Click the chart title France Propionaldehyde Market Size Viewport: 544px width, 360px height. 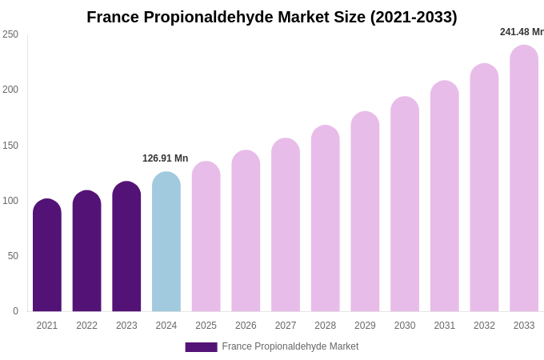coord(272,17)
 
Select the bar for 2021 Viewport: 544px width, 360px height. coord(47,256)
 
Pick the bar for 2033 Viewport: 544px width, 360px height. coord(524,179)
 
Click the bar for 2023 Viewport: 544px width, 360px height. coord(126,247)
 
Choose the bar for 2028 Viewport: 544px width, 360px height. coord(326,219)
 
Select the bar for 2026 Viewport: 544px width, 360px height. coord(246,231)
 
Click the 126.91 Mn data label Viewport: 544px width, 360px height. coord(166,158)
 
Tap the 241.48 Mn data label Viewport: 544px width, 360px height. coord(522,32)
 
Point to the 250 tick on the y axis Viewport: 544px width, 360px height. coord(10,34)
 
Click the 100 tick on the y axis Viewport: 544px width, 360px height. coord(10,201)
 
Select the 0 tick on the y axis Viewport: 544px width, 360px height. coord(15,311)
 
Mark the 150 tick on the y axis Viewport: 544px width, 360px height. coord(10,146)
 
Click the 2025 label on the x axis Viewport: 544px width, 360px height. coord(206,326)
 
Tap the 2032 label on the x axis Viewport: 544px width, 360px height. coord(484,326)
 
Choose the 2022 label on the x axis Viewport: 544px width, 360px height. coord(87,326)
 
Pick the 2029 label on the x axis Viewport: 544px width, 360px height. coord(365,326)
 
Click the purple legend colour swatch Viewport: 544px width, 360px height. coord(201,346)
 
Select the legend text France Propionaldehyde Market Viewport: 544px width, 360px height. coord(290,346)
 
